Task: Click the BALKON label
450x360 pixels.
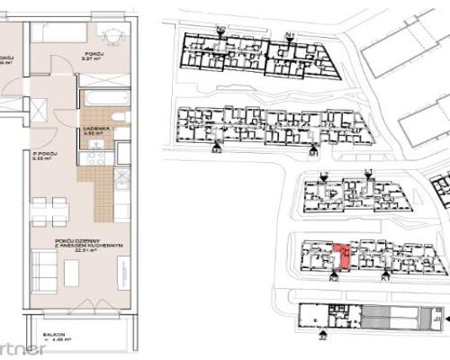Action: click(61, 335)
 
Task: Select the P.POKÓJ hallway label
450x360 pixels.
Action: click(43, 155)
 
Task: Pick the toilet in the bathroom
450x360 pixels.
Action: click(120, 120)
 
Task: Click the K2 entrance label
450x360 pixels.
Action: click(332, 279)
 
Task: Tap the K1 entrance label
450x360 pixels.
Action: click(384, 279)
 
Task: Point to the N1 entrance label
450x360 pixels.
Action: click(289, 34)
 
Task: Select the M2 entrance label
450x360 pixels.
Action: click(216, 151)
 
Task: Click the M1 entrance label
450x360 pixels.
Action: click(313, 153)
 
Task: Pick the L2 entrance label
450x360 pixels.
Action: click(324, 174)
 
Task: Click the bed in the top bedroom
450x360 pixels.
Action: click(59, 33)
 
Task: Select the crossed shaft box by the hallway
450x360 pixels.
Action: click(40, 111)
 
